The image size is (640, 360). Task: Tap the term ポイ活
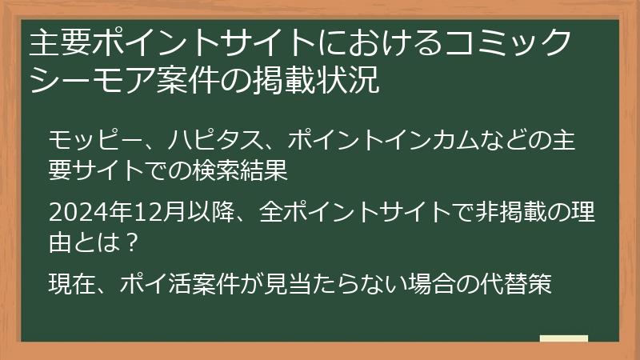click(x=162, y=284)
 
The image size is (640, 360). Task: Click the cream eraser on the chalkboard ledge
click(x=563, y=338)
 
